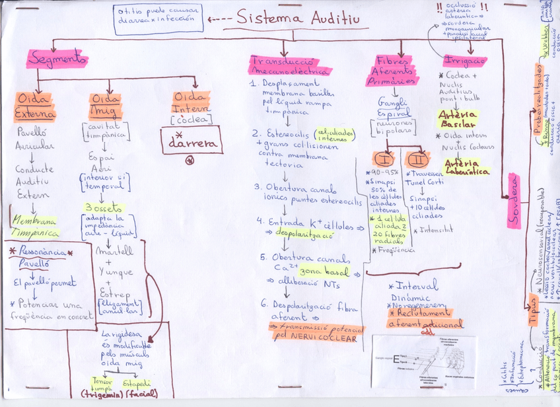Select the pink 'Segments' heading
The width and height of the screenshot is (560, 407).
(x=57, y=59)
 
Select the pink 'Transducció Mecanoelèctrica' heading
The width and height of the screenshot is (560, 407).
(x=290, y=65)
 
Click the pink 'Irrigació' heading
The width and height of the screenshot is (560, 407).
(x=465, y=60)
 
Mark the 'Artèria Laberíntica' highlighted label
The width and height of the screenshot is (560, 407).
(x=468, y=166)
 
